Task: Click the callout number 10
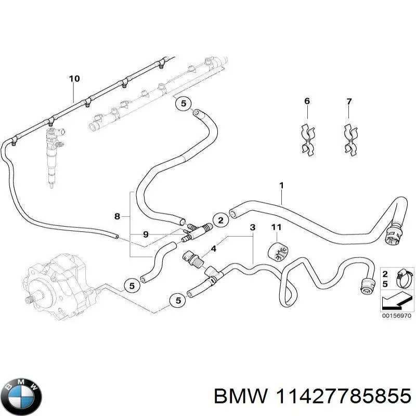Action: click(x=74, y=79)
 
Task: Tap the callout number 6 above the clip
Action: click(x=307, y=101)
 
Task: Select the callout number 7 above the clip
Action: click(x=349, y=101)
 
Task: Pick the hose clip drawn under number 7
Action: click(x=350, y=139)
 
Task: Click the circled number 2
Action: click(x=220, y=220)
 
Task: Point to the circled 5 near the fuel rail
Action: click(x=184, y=103)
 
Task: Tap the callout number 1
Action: click(x=281, y=185)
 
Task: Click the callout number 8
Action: click(x=118, y=216)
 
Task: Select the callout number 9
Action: click(x=146, y=235)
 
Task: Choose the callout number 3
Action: click(x=253, y=227)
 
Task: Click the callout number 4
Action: click(x=214, y=249)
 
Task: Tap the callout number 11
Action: click(x=276, y=227)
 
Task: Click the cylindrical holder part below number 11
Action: click(x=278, y=252)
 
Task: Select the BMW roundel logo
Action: click(x=23, y=396)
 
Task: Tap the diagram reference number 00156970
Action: click(x=396, y=316)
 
